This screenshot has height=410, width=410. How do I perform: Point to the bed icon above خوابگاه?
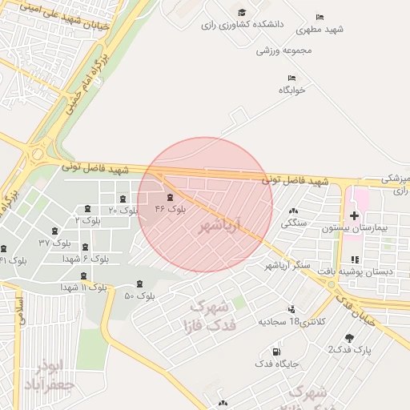pyautogui.click(x=291, y=78)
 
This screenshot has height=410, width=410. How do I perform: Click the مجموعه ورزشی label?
pyautogui.click(x=283, y=50)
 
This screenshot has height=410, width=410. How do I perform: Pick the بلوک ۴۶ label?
pyautogui.click(x=170, y=209)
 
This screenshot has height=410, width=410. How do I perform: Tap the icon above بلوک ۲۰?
pyautogui.click(x=122, y=199)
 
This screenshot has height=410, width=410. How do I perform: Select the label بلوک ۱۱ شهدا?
pyautogui.click(x=83, y=287)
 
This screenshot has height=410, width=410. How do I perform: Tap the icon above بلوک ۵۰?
pyautogui.click(x=140, y=283)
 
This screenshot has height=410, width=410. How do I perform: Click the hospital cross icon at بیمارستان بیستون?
pyautogui.click(x=355, y=216)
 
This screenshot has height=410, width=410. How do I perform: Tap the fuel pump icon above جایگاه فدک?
pyautogui.click(x=276, y=351)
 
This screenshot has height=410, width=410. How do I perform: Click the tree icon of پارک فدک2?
pyautogui.click(x=349, y=338)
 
